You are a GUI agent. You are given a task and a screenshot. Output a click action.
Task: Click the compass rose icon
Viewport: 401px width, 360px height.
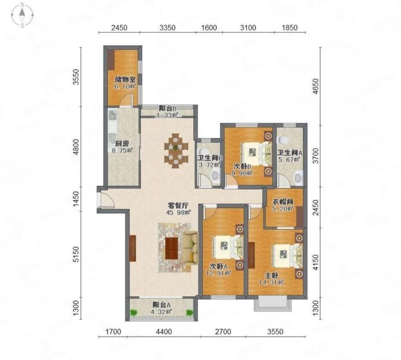[x=22, y=14]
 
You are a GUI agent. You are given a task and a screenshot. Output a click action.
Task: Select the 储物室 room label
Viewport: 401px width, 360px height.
[x=125, y=79]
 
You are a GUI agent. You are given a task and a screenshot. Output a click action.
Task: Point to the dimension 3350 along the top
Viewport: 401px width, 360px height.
[x=167, y=27]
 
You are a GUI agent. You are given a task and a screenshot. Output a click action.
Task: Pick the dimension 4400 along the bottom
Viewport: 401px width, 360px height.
[x=164, y=332]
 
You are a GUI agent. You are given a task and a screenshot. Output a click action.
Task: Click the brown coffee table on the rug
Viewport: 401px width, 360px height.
[x=172, y=248]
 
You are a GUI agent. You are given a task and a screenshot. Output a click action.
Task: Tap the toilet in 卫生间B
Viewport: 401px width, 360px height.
[x=215, y=175]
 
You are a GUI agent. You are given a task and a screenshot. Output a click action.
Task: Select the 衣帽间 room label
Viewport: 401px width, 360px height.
[x=282, y=202]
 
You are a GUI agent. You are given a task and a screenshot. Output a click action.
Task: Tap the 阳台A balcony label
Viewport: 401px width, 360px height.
[x=162, y=305]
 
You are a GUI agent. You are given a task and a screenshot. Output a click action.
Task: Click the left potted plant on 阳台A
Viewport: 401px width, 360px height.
[x=133, y=312]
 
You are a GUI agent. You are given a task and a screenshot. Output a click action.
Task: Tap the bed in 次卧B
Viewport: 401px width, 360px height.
[x=256, y=152]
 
